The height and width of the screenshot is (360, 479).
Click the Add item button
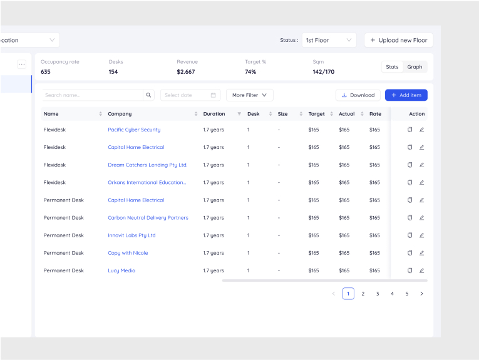406,95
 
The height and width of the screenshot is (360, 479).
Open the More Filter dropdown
249,95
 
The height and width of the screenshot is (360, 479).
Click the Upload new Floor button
398,40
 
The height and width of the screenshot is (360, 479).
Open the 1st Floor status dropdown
329,40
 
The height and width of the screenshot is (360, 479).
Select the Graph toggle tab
415,67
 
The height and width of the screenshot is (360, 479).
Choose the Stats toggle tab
392,67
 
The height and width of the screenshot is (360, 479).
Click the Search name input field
92,95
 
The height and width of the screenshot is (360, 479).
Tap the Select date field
190,95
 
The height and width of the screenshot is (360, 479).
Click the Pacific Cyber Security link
134,130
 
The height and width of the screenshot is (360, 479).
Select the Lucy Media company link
121,270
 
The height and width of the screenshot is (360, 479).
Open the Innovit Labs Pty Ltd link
131,235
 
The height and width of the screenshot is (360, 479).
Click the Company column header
120,114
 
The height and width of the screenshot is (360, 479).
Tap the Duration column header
214,114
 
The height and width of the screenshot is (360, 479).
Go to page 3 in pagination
378,294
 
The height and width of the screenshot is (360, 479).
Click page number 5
407,294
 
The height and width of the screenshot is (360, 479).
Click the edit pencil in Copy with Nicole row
421,253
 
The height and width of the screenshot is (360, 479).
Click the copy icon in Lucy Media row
409,270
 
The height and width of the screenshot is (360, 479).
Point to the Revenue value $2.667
185,72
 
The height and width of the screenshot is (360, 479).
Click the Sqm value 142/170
323,72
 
